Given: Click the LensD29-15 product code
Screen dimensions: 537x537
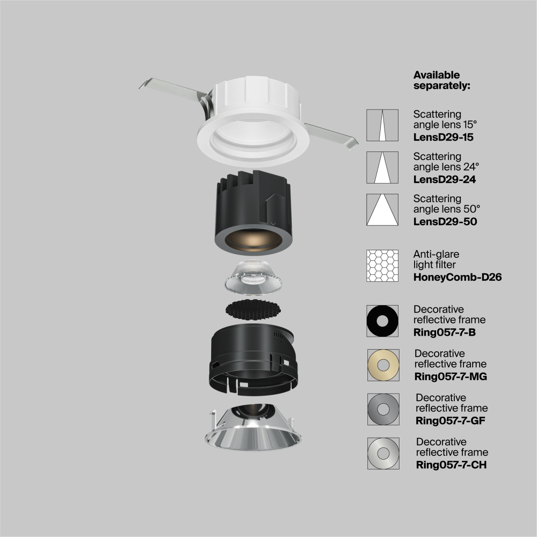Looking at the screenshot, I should pos(443,137).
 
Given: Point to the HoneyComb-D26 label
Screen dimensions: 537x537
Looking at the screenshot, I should pos(458,278).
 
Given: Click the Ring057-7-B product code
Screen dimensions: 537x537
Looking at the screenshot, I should pos(445,332).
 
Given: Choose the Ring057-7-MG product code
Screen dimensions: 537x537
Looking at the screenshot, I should pos(451,376).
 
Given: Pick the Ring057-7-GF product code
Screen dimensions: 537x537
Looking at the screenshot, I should pos(451,421).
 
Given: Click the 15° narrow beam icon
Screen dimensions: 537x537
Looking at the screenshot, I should pos(382,125).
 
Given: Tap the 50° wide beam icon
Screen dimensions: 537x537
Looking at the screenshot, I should pos(382,209).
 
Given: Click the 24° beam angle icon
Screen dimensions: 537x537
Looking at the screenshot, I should pos(382,168).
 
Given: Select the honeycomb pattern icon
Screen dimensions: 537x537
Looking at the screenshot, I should pos(382,266).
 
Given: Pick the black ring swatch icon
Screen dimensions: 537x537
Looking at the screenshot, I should pos(382,321).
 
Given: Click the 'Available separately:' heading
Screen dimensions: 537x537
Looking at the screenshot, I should pos(440,80).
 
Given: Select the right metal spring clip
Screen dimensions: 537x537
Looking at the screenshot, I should pos(333,137).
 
